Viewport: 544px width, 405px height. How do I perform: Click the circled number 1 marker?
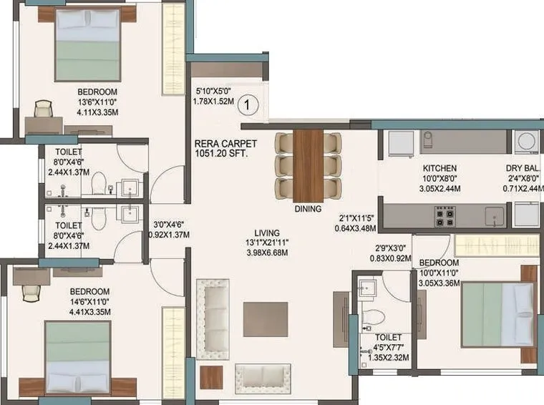[x=248, y=104]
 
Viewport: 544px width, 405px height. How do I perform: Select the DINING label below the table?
[x=309, y=210]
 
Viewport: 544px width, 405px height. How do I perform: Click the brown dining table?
[x=309, y=165]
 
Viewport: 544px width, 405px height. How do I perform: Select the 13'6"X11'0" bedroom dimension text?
[x=97, y=102]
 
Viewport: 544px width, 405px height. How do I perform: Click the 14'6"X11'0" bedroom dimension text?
[x=89, y=302]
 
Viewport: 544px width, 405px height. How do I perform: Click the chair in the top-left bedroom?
[x=43, y=109]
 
